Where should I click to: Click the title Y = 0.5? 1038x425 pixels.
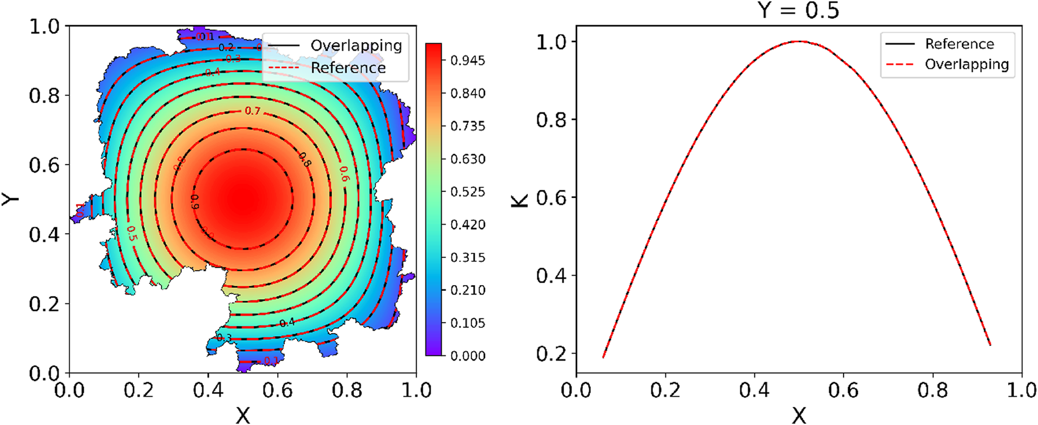(x=798, y=10)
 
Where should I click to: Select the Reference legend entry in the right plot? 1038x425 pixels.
(x=959, y=44)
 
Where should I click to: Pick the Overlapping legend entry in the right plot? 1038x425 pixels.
(x=966, y=64)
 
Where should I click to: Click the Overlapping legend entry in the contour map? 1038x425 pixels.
(x=356, y=46)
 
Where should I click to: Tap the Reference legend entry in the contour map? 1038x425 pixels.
(x=348, y=68)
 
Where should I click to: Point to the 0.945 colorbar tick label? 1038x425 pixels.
(x=467, y=60)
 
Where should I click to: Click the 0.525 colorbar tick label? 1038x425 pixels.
(x=467, y=192)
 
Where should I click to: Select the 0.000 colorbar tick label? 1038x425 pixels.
(x=467, y=356)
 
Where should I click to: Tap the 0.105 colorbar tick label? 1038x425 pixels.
(x=467, y=323)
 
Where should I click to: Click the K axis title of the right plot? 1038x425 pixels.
(x=520, y=200)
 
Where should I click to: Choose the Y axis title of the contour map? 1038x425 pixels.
(x=11, y=199)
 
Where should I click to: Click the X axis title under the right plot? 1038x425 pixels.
(x=798, y=415)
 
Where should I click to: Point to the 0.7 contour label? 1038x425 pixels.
(x=252, y=111)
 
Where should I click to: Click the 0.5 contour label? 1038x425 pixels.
(x=131, y=234)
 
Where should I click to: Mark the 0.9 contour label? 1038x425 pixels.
(x=194, y=202)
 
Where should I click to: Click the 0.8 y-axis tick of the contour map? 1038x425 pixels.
(x=45, y=95)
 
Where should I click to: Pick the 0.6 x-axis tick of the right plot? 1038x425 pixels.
(x=843, y=390)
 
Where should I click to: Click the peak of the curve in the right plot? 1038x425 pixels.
(x=799, y=42)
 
